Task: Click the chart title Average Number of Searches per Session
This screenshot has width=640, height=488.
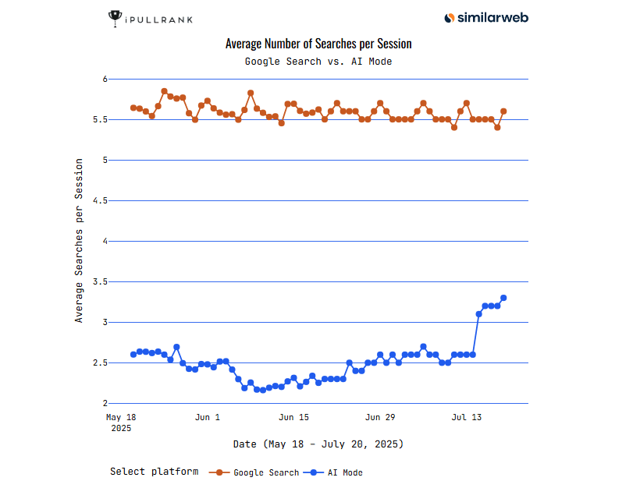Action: pos(318,44)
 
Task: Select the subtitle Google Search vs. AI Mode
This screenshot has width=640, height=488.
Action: pos(318,61)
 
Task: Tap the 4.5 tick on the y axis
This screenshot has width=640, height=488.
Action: pos(98,201)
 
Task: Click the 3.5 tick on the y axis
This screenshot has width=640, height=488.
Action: pos(98,282)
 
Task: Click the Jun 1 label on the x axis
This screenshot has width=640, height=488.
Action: pos(208,418)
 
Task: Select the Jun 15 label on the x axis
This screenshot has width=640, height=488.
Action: pos(294,418)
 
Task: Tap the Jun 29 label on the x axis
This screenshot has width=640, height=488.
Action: pos(380,418)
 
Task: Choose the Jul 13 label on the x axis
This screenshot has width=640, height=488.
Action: pos(466,418)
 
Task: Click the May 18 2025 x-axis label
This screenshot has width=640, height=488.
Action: pos(121,423)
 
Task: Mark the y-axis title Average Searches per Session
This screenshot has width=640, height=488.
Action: pos(79,240)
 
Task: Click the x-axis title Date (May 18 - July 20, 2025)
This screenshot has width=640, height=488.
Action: pos(318,444)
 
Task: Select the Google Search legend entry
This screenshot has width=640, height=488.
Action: pos(255,472)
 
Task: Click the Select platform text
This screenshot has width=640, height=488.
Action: pos(154,472)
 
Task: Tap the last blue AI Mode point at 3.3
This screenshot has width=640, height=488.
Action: pos(503,298)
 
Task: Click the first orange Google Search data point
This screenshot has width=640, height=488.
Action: pos(133,108)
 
